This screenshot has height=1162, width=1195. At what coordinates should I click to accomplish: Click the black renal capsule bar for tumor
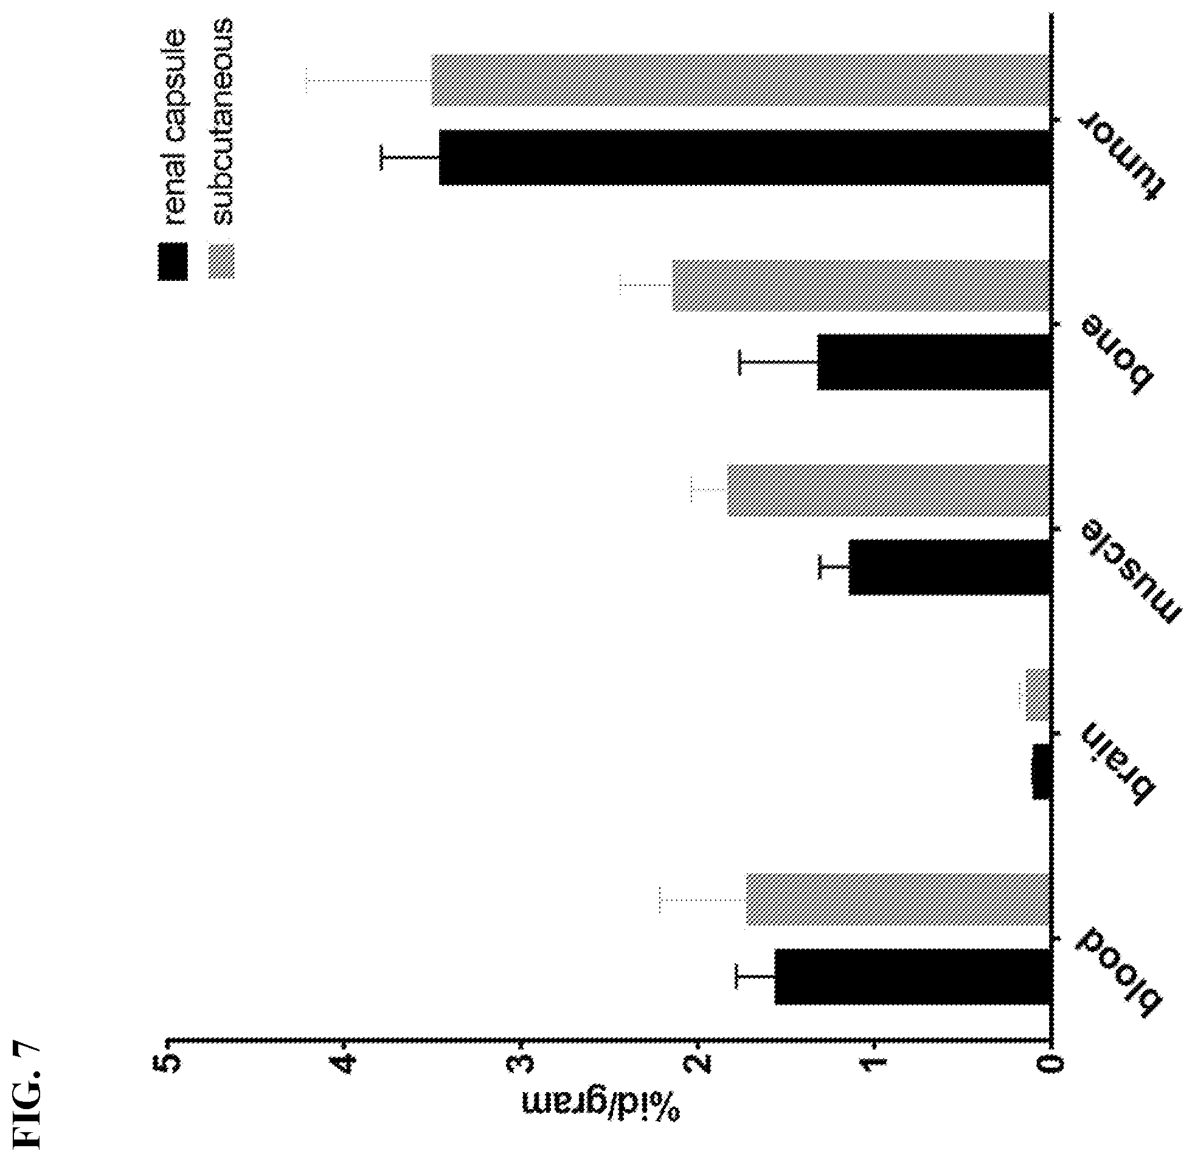coord(744,157)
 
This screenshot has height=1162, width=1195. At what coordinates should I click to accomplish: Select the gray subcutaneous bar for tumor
coord(740,80)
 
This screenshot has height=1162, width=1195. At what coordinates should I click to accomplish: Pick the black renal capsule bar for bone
coord(933,362)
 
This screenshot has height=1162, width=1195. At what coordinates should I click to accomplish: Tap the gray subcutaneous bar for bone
coord(861,285)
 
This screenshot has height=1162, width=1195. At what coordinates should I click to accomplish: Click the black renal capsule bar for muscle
coord(949,567)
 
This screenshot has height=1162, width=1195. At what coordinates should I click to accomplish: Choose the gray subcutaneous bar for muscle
coord(888,490)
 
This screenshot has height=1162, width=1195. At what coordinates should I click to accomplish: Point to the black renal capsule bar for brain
coord(1041,772)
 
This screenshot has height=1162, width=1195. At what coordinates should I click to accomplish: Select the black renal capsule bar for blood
coord(912,977)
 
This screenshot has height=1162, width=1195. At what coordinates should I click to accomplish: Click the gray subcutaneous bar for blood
coord(898,899)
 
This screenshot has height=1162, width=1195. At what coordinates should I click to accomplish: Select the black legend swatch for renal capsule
coord(173,261)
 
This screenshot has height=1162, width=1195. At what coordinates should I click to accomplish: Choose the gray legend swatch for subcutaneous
coord(221,261)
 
